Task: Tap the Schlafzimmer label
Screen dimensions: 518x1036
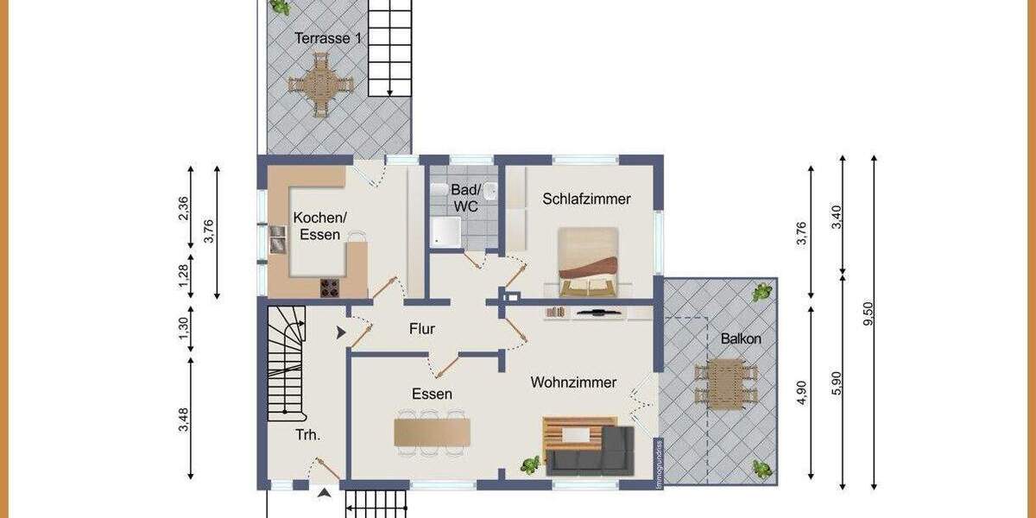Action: (x=586, y=199)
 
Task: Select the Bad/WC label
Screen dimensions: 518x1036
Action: (x=465, y=199)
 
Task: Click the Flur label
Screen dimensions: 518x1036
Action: (x=421, y=329)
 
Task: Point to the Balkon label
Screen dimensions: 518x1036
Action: (x=740, y=339)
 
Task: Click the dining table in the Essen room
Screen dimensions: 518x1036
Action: (x=432, y=432)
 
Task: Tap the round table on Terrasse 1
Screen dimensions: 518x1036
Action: (x=320, y=85)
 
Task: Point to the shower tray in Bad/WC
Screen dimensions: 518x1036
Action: (x=446, y=231)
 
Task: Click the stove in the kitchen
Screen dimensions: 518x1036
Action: (x=331, y=287)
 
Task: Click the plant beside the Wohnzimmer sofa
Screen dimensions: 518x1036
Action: (x=529, y=464)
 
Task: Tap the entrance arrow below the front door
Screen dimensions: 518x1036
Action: (x=324, y=493)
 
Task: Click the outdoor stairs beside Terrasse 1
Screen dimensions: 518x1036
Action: (x=391, y=47)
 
